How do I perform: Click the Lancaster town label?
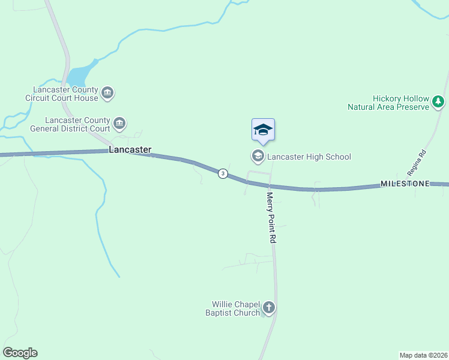pos(130,149)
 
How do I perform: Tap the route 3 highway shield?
pos(223,173)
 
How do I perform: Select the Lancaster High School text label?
pos(309,157)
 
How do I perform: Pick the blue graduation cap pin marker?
pos(263,130)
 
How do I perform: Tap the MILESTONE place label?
pos(405,184)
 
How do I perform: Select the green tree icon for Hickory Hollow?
pos(439,103)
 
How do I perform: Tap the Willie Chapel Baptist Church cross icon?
pos(269,308)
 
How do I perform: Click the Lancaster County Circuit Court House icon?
pos(108,93)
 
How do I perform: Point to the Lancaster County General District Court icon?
pos(119,124)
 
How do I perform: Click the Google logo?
pos(20,353)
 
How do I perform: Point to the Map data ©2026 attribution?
pos(423,355)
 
